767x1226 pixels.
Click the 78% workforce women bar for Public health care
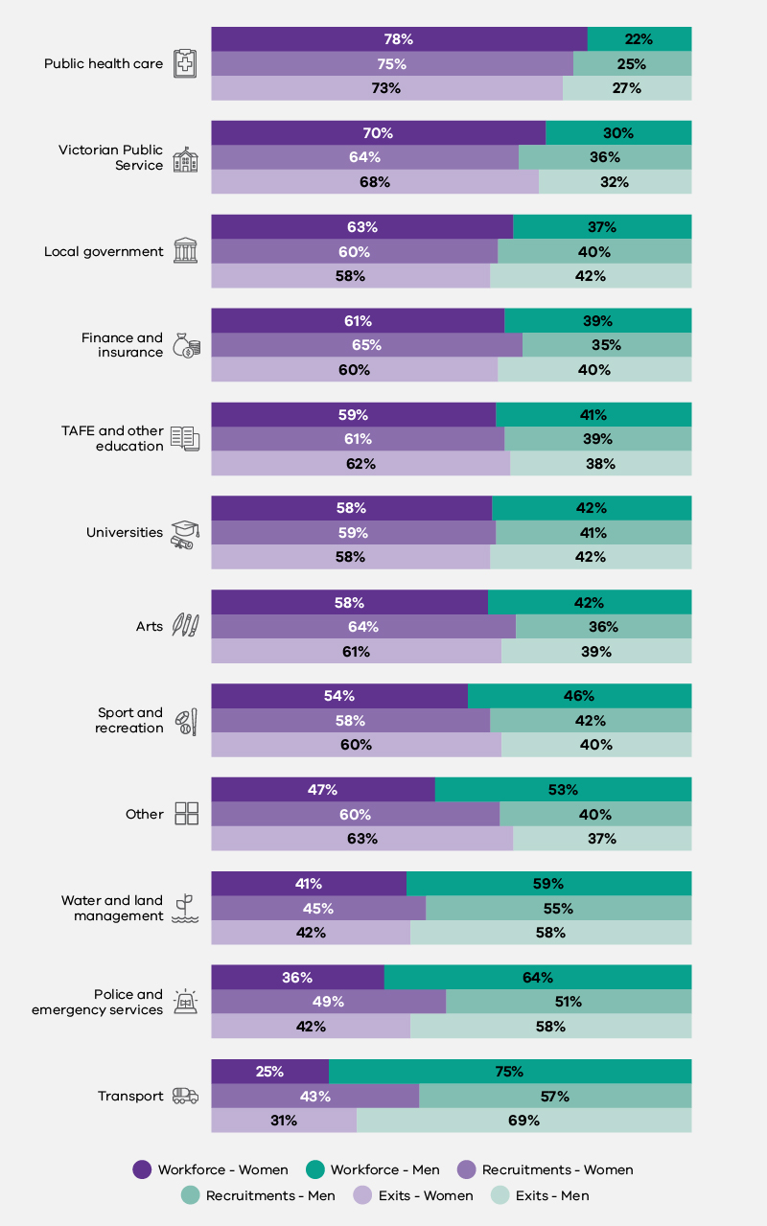click(x=399, y=39)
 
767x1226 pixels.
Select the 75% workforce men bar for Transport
click(x=509, y=1072)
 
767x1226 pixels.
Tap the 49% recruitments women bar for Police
click(x=328, y=1002)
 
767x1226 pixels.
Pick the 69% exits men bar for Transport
click(x=523, y=1121)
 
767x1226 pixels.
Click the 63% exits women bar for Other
click(x=361, y=839)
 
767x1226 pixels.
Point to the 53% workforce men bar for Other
click(x=563, y=790)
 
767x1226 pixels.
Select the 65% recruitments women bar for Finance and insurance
click(x=366, y=345)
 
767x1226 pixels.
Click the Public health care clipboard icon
click(x=185, y=63)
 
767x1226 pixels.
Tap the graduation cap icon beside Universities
click(x=185, y=534)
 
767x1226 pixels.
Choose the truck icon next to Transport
click(x=185, y=1096)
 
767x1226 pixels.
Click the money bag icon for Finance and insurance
click(x=185, y=345)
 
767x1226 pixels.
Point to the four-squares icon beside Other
click(x=186, y=814)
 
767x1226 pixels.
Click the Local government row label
click(x=104, y=252)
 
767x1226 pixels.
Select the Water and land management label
click(x=112, y=908)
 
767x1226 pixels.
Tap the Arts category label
click(x=150, y=627)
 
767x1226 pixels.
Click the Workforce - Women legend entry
click(x=211, y=1169)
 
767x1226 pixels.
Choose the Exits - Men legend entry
click(x=540, y=1195)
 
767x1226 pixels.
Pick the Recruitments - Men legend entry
click(x=259, y=1195)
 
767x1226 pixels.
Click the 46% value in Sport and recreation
click(x=579, y=696)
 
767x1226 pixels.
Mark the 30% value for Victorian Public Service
click(x=617, y=133)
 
